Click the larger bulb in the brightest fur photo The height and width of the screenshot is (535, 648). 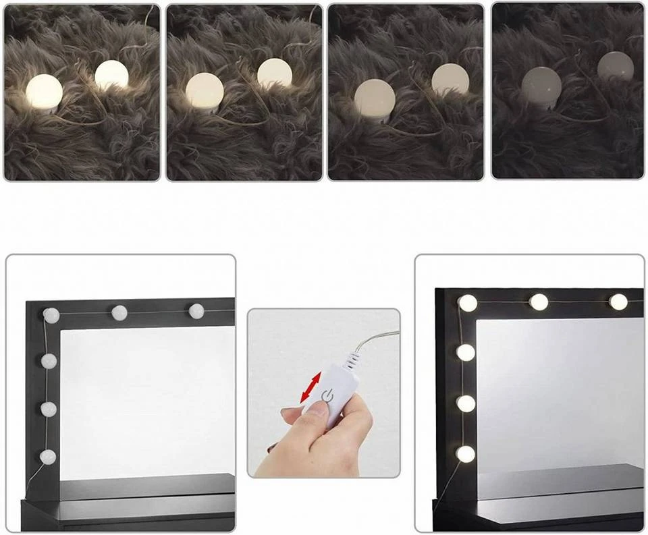pos(44,92)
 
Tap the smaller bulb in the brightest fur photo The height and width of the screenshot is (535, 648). pos(111,75)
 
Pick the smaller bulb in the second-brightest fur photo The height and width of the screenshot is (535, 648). pos(275,74)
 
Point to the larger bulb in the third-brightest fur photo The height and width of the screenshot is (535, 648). pos(375,96)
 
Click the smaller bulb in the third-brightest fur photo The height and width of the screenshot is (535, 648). pos(450,79)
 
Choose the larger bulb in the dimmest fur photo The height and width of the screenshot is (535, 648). pos(541,84)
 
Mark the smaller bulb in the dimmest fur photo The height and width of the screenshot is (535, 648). pos(616,66)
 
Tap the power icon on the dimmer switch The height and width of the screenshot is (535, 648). pos(327,395)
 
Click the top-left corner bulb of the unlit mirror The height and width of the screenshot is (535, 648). pos(51,314)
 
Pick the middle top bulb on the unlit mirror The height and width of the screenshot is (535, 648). pos(119,312)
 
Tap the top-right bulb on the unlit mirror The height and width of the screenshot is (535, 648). pos(196,311)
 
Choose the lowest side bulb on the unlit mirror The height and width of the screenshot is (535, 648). pos(47,457)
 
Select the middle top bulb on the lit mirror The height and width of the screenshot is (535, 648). pos(539,302)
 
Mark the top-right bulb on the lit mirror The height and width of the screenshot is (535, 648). pos(618,302)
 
